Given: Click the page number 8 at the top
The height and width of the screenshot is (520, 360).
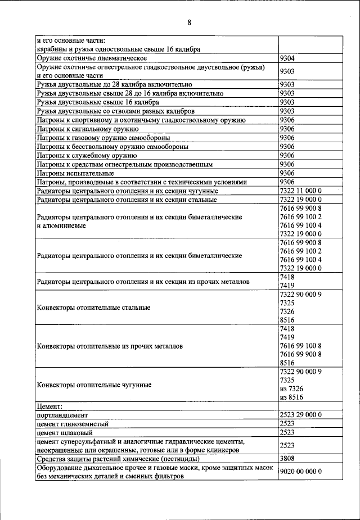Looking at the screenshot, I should pyautogui.click(x=190, y=22).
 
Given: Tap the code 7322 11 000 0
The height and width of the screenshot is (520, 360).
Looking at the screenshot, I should pyautogui.click(x=300, y=191).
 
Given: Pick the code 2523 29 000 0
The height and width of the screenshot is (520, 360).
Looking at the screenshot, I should pyautogui.click(x=300, y=414).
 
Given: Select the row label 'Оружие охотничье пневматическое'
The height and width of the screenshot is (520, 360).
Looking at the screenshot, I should pyautogui.click(x=92, y=58).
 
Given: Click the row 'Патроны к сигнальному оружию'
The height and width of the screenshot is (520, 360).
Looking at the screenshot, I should pyautogui.click(x=88, y=129).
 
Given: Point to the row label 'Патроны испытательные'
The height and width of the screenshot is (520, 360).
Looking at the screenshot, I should pyautogui.click(x=75, y=173).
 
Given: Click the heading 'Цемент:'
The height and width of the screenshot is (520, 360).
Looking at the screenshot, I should pyautogui.click(x=49, y=405).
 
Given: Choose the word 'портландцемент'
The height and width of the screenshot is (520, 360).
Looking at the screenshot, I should pyautogui.click(x=64, y=414).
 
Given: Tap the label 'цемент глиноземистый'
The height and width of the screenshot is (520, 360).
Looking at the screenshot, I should pyautogui.click(x=73, y=423).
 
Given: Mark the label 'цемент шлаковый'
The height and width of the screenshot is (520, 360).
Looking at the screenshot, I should pyautogui.click(x=64, y=432).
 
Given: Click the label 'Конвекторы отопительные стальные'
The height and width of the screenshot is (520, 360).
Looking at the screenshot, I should pyautogui.click(x=93, y=308).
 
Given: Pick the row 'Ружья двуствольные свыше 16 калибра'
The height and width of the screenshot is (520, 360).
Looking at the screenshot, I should pyautogui.click(x=97, y=102).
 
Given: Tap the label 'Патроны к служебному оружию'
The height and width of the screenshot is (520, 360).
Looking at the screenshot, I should pyautogui.click(x=87, y=155).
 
